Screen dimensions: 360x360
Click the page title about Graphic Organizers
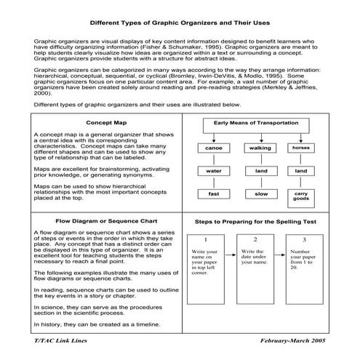(180, 23)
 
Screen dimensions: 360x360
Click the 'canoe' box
(213, 148)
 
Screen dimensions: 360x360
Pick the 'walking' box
(260, 148)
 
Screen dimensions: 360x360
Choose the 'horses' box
(300, 148)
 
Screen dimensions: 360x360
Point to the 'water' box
(213, 171)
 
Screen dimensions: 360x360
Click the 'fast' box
(213, 194)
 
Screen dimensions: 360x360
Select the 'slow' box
(260, 194)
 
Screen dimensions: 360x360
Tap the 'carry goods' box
(300, 196)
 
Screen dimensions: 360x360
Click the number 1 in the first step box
(206, 239)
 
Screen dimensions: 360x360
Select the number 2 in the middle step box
(255, 239)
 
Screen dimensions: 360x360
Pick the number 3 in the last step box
(305, 239)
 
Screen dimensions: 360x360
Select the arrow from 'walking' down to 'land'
(260, 159)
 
